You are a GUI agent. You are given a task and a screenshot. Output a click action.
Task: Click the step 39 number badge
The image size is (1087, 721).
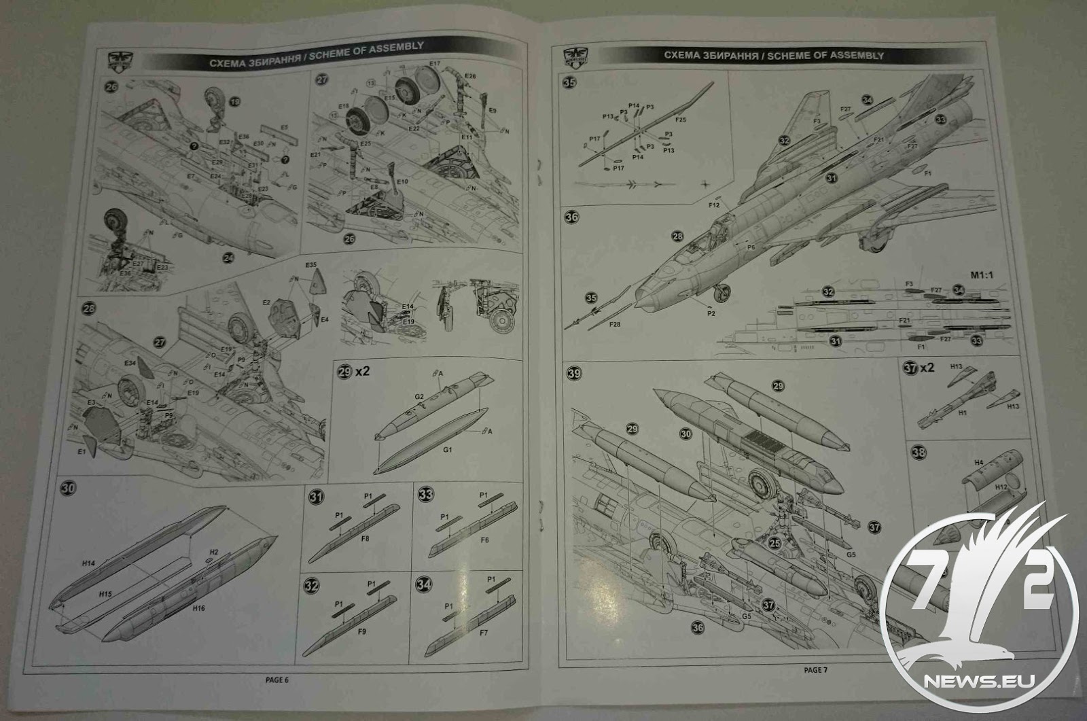575,374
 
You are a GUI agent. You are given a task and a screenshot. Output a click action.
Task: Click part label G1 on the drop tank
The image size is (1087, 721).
448,450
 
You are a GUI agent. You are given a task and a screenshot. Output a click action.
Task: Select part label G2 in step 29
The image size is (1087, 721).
419,396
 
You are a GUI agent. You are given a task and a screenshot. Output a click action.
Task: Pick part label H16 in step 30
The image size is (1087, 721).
198,609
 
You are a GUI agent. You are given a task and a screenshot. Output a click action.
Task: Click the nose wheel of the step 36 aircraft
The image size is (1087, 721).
724,294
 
